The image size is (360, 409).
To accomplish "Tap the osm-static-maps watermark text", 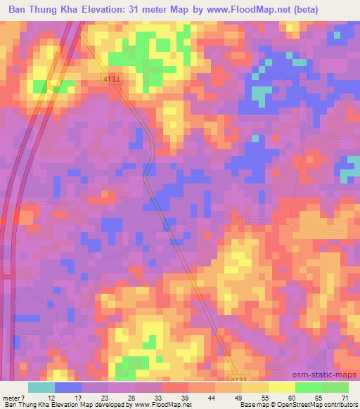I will point(330,374).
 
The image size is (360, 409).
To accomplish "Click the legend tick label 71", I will point(344,398).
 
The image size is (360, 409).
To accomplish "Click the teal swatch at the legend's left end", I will point(41,387).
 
